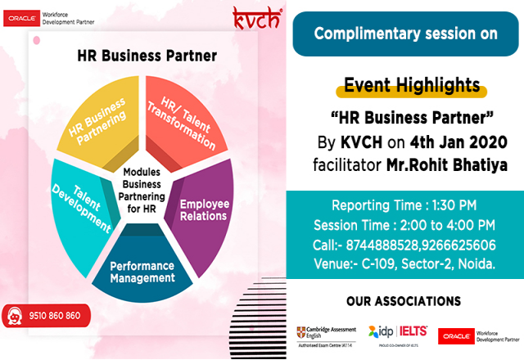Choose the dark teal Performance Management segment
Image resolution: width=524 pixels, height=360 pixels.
point(143,271)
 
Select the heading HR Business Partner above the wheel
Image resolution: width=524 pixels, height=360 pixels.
point(147,56)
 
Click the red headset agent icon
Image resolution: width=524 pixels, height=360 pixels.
point(15,315)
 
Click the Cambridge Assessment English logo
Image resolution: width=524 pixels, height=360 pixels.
point(327,335)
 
